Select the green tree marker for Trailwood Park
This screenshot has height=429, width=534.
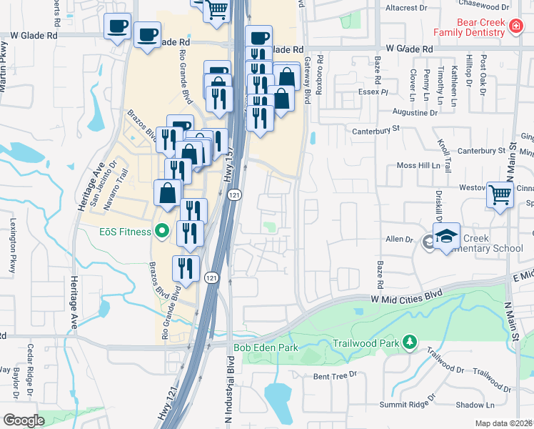point(409,343)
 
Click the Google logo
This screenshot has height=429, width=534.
point(23,420)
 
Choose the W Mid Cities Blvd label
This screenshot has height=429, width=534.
point(406,294)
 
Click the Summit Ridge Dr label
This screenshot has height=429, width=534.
point(406,403)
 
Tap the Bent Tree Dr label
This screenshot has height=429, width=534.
point(330,376)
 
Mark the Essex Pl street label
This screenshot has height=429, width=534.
point(373,92)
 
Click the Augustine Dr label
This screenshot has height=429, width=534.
point(415,113)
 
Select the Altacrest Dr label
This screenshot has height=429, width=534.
point(405,8)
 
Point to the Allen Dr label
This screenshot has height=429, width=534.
point(399,240)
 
